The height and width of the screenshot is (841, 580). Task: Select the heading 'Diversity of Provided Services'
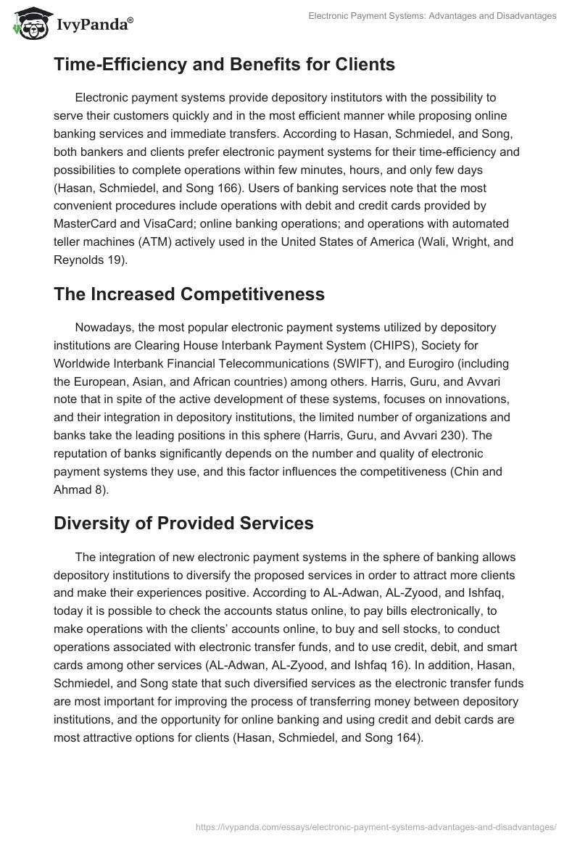[183, 523]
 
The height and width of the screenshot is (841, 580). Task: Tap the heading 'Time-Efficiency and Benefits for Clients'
[224, 64]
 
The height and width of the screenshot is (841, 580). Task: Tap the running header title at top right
[433, 14]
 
